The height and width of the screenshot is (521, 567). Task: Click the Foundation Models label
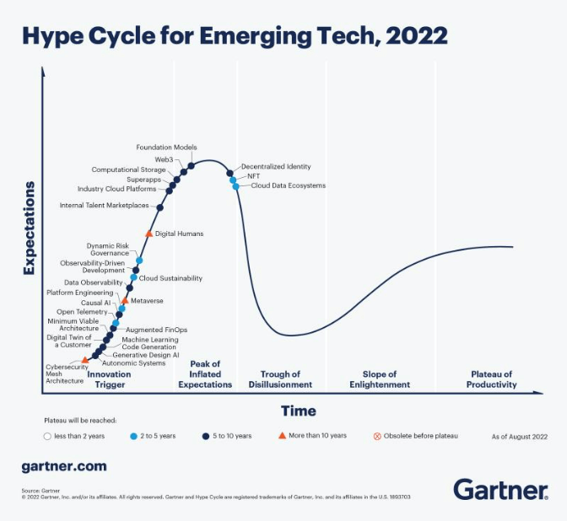[166, 148]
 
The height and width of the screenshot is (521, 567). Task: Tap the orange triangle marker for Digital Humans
[149, 234]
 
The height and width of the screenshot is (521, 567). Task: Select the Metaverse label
[147, 301]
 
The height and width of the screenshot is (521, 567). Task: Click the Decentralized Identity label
[276, 167]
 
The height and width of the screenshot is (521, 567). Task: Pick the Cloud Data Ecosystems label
[287, 185]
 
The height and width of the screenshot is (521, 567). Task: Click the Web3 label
[164, 158]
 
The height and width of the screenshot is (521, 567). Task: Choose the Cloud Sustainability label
[170, 278]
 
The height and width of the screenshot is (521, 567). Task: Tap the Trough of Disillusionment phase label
[280, 379]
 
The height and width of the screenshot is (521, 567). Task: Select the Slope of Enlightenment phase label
[380, 379]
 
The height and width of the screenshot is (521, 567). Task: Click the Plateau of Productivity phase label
[492, 379]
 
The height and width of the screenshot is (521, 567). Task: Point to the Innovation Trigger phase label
[109, 379]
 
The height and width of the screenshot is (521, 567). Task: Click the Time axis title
[299, 411]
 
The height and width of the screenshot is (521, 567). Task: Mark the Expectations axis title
[30, 228]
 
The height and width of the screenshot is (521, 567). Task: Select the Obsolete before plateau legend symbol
[377, 436]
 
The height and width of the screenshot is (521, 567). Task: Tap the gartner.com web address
[64, 466]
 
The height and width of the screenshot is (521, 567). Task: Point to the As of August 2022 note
[520, 436]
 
